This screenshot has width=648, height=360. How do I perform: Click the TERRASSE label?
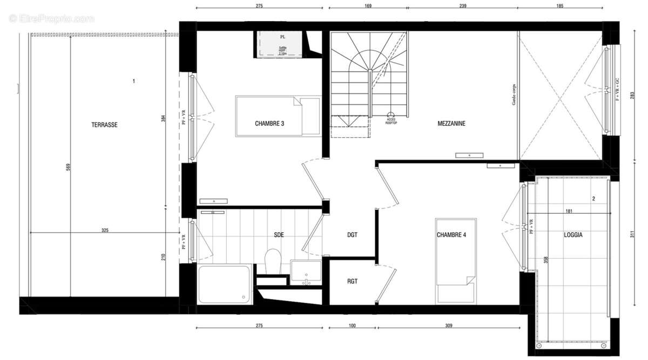click(x=104, y=125)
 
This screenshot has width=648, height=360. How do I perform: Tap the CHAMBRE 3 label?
click(x=269, y=124)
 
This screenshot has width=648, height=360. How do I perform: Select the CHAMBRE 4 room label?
click(x=451, y=235)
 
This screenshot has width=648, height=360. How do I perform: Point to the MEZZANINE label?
click(x=451, y=124)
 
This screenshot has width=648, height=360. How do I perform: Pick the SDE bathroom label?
click(x=279, y=235)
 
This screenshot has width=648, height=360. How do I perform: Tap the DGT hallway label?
click(x=352, y=235)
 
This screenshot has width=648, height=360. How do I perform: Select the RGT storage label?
click(x=352, y=281)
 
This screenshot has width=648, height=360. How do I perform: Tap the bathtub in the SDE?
click(x=225, y=283)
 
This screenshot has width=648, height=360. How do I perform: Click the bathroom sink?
click(x=306, y=272)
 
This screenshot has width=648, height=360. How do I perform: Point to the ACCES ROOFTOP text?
click(x=391, y=121)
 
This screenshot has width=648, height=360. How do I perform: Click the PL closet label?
click(x=282, y=37)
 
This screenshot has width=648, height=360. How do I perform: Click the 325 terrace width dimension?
click(x=105, y=230)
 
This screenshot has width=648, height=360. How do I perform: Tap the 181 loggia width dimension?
click(x=568, y=212)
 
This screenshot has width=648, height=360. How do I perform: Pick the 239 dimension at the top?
click(x=462, y=6)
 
